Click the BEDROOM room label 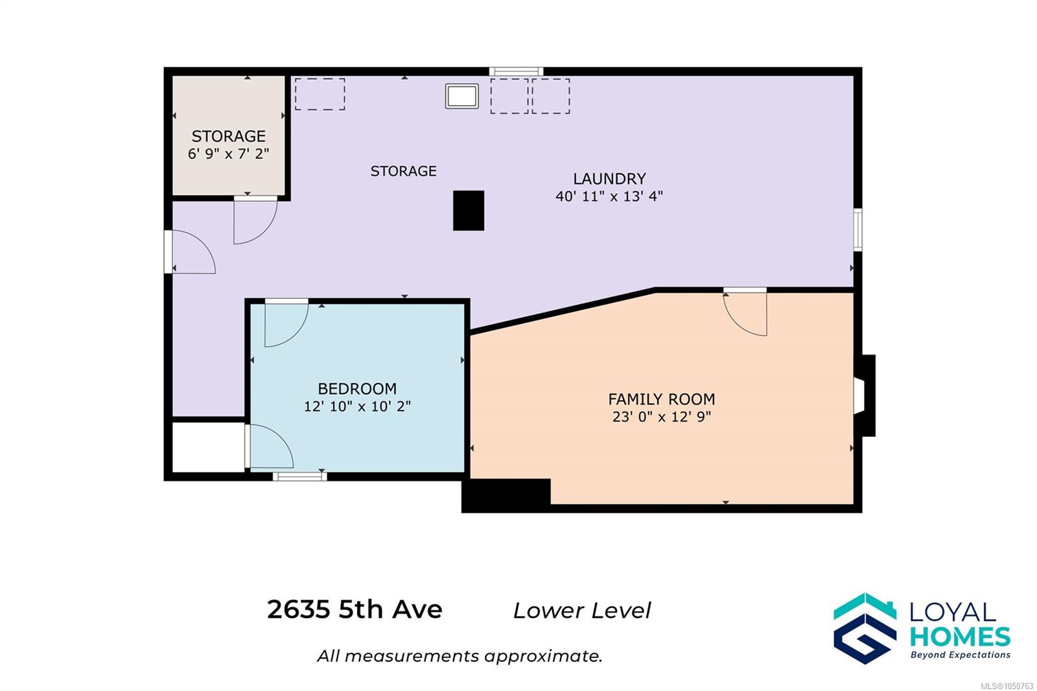click(x=357, y=388)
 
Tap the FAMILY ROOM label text click(x=661, y=399)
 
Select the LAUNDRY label click(x=609, y=178)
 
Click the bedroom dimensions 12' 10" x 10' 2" click(x=357, y=406)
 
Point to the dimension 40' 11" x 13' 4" click(x=609, y=196)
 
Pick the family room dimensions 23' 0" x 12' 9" click(x=661, y=417)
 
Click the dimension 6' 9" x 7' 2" click(x=228, y=153)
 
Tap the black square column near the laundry click(x=469, y=210)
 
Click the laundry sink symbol click(x=461, y=96)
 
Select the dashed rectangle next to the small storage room click(x=320, y=94)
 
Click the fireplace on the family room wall click(x=864, y=395)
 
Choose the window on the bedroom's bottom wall click(x=299, y=476)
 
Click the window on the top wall click(x=516, y=71)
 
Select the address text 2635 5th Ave click(x=355, y=609)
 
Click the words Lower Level click(x=582, y=611)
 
